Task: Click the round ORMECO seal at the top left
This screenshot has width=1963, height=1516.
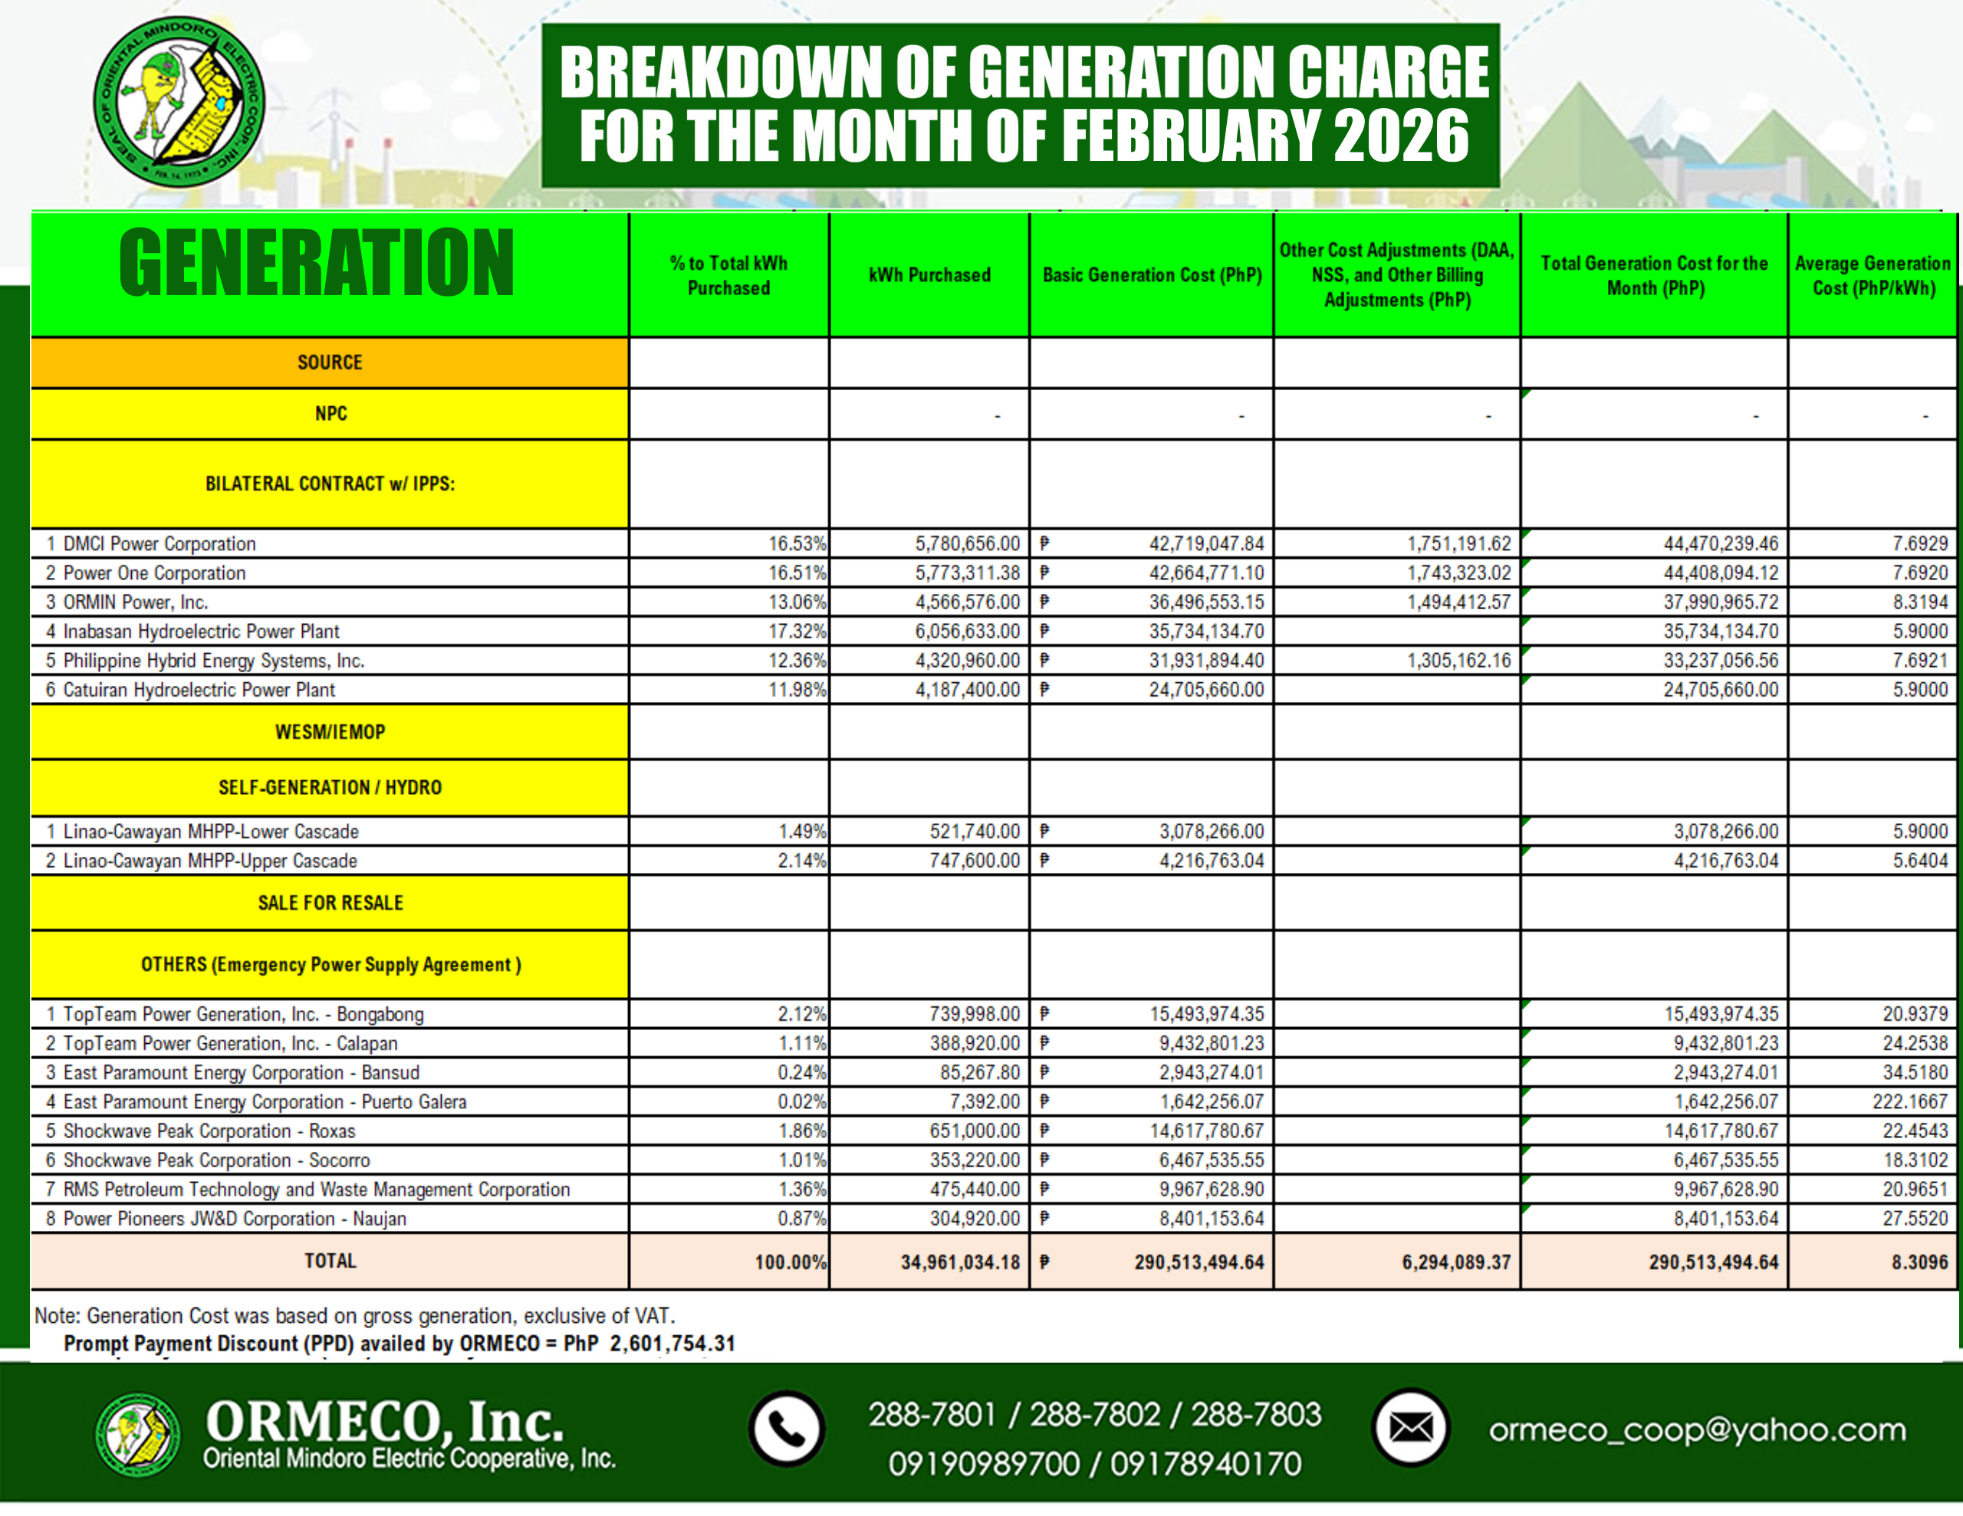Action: (179, 101)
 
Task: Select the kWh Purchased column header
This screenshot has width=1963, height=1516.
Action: (929, 275)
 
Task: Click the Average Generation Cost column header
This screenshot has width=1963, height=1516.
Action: (1873, 275)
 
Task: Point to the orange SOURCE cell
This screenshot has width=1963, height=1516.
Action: (330, 363)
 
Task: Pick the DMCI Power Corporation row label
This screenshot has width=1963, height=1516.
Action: (159, 543)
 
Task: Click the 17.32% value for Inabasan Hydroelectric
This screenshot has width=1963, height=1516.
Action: (797, 632)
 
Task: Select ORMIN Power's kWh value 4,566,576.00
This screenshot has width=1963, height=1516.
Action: (967, 602)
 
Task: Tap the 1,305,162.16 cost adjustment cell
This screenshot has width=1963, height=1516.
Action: (1458, 661)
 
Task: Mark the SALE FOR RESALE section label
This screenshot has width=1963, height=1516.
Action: (330, 903)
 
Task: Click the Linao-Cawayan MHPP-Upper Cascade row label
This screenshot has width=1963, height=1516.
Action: (209, 861)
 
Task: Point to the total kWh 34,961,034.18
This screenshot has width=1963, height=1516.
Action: (960, 1262)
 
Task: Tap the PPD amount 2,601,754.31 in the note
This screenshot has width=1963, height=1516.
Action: (672, 1344)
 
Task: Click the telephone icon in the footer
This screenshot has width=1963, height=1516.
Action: (787, 1428)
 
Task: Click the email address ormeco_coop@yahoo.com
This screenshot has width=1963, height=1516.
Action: (1697, 1429)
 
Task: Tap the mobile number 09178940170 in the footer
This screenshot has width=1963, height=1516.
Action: (1205, 1464)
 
